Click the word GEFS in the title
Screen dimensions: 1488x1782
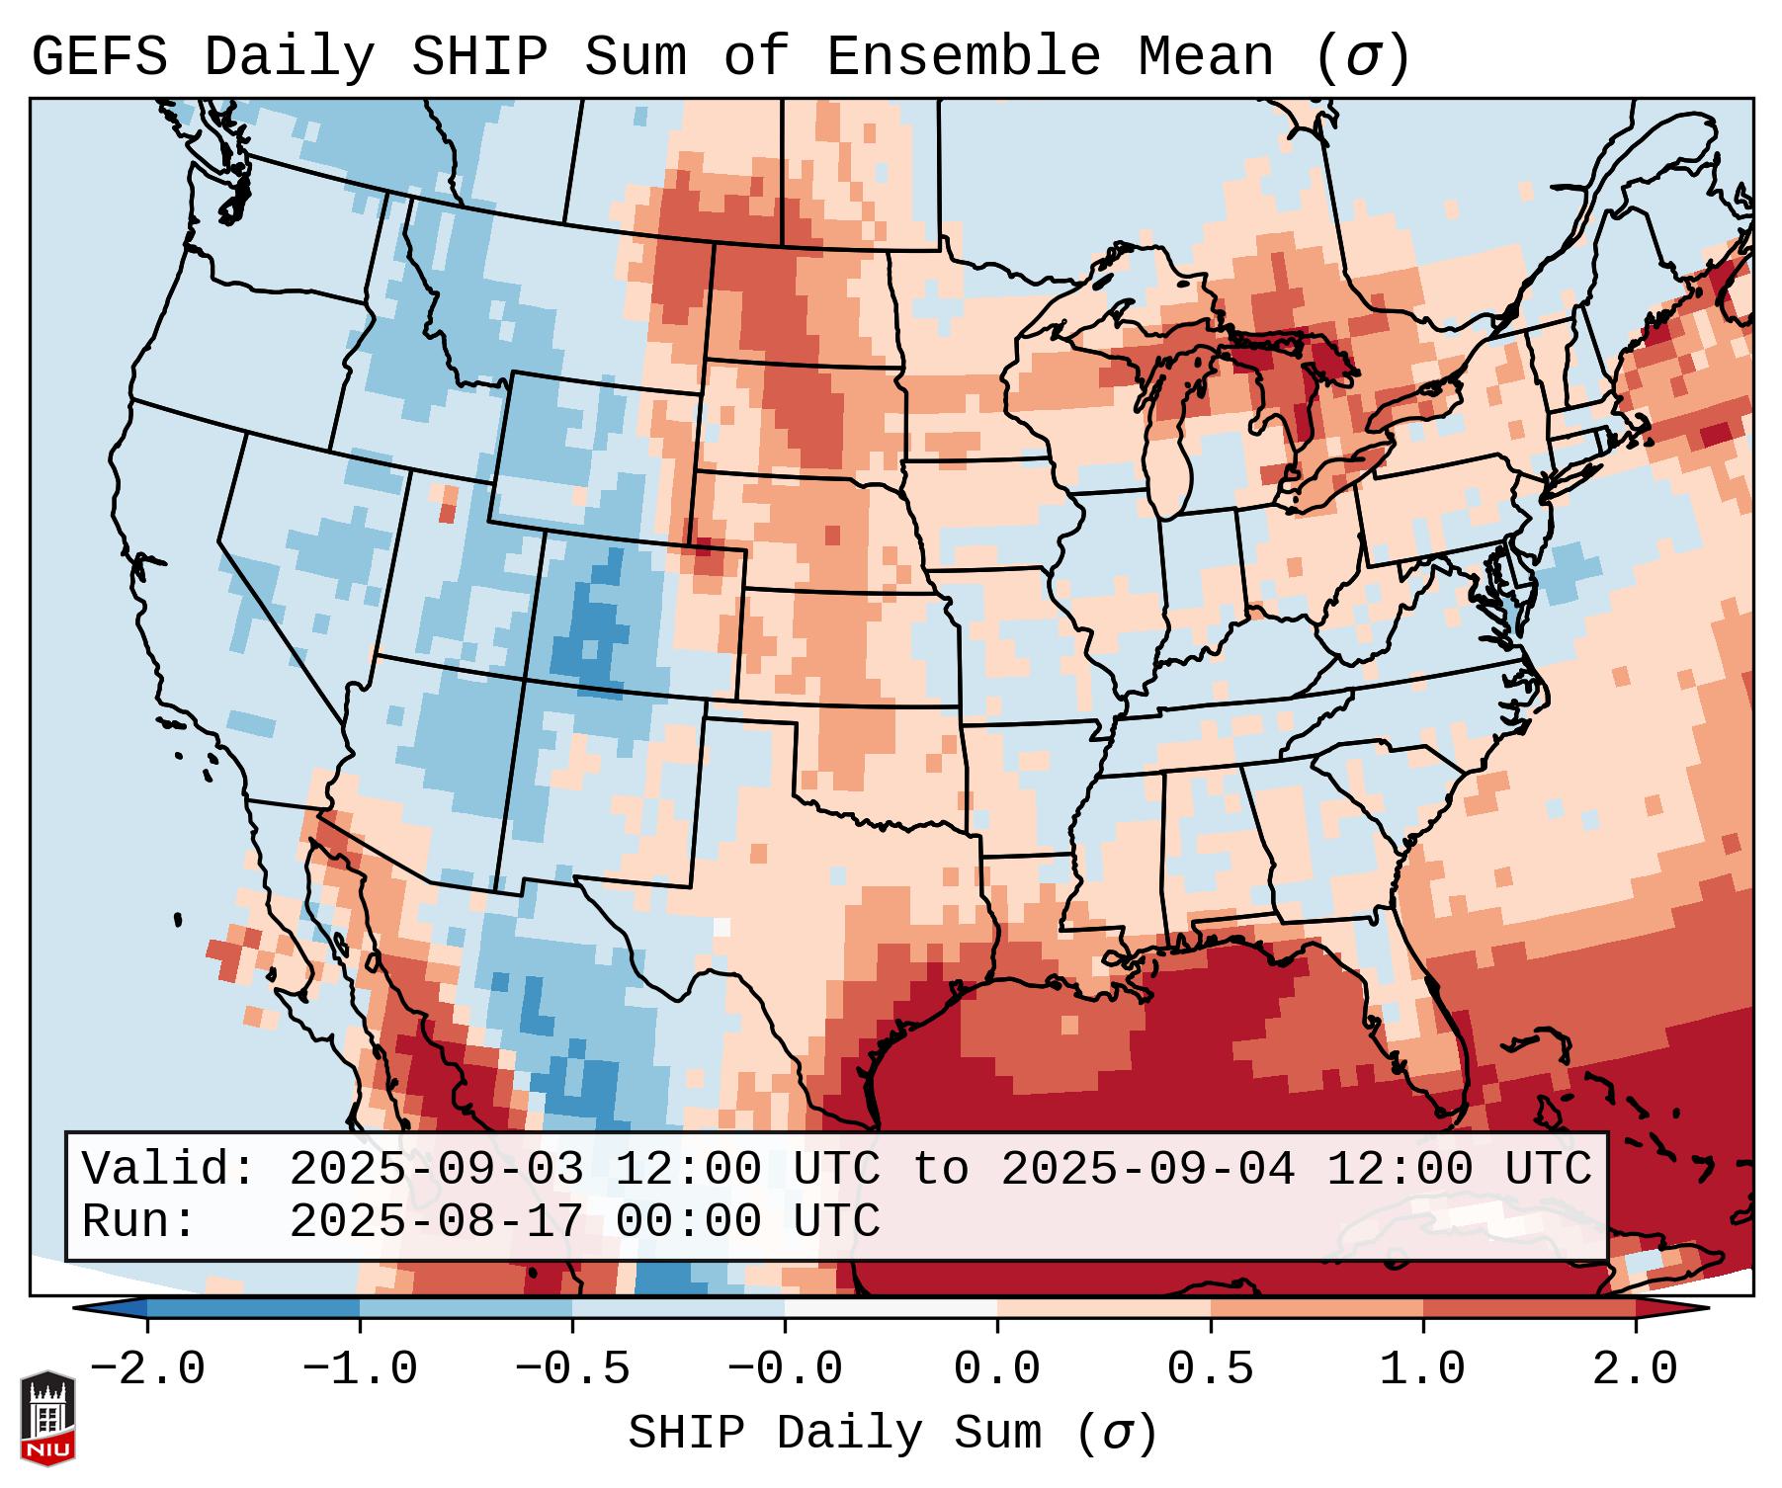(99, 56)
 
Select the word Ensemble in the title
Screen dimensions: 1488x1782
(963, 56)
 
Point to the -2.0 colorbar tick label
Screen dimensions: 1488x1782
(146, 1369)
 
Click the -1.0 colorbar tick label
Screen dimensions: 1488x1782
(359, 1369)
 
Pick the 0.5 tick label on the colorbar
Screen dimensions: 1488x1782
(1210, 1369)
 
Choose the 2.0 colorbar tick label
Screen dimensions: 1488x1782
(1635, 1369)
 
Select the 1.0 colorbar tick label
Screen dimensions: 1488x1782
(1422, 1369)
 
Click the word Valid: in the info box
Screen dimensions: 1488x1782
(169, 1169)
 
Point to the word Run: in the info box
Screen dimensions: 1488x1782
(139, 1221)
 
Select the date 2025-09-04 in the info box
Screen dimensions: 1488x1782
(1147, 1169)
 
